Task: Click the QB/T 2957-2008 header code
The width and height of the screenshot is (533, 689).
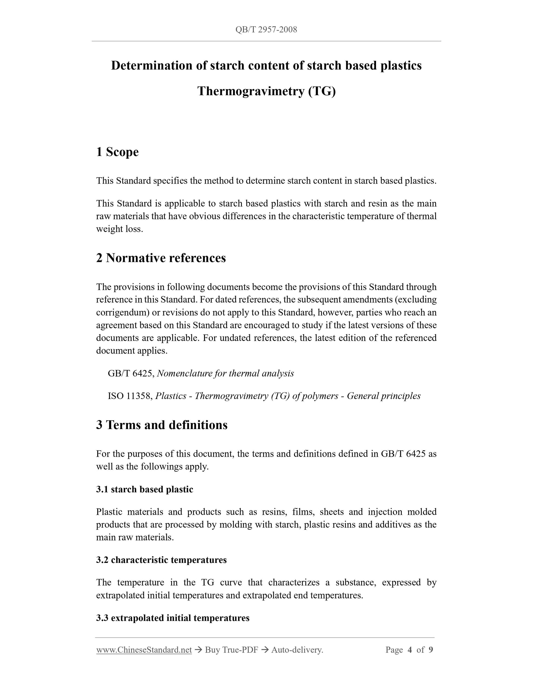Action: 266,30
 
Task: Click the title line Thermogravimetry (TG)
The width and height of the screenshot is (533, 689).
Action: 266,91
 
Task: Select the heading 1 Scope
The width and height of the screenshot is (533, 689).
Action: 117,152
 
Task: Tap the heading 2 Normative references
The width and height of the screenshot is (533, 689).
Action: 161,258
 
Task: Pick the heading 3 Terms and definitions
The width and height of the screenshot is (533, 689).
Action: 162,425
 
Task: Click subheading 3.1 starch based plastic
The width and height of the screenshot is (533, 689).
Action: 145,489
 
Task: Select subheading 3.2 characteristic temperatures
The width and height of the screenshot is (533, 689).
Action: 161,560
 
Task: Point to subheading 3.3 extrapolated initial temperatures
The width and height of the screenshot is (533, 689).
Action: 173,618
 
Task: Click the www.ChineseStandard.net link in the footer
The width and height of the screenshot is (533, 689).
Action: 144,650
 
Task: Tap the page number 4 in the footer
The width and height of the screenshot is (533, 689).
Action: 410,650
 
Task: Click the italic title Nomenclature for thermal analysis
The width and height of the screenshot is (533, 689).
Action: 225,374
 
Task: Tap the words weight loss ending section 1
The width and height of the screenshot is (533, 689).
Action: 119,229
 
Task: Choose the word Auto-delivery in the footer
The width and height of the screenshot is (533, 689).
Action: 297,650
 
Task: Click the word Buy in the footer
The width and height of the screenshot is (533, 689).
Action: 212,650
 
